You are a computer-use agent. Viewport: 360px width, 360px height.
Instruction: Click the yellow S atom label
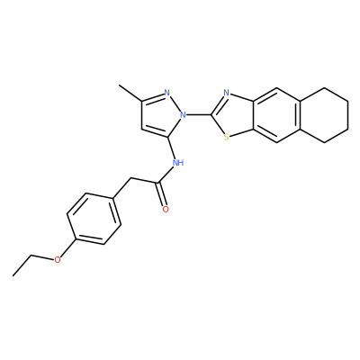pos(227,138)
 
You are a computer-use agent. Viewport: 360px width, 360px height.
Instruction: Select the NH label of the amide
pos(178,163)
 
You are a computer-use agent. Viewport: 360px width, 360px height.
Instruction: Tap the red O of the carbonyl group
pos(166,209)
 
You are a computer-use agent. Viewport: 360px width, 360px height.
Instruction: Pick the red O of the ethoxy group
pos(58,260)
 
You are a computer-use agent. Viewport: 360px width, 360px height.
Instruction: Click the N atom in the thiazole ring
pos(227,93)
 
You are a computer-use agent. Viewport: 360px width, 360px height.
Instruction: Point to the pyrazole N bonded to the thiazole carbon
pos(183,114)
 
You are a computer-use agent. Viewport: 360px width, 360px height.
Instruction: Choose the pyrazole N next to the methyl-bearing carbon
pos(167,93)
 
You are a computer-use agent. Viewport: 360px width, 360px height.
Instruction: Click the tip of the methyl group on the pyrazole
pos(119,85)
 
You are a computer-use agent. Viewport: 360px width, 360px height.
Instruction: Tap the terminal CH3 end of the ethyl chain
pos(13,275)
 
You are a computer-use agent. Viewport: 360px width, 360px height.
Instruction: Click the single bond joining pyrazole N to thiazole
pos(199,114)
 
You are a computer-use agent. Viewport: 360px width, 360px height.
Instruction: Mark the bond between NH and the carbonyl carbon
pos(166,175)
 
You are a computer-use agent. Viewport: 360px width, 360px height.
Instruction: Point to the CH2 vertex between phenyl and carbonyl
pos(131,179)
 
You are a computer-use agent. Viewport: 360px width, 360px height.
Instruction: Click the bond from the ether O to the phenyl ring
pos(67,247)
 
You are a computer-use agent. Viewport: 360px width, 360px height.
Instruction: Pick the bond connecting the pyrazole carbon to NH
pos(171,148)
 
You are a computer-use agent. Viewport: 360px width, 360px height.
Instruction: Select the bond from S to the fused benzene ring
pos(242,134)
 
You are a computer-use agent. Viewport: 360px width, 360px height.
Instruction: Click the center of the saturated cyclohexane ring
pos(324,115)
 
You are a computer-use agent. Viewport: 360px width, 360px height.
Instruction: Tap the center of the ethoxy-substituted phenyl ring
pos(94,219)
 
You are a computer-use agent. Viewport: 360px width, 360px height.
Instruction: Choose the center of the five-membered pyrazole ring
pos(160,114)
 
